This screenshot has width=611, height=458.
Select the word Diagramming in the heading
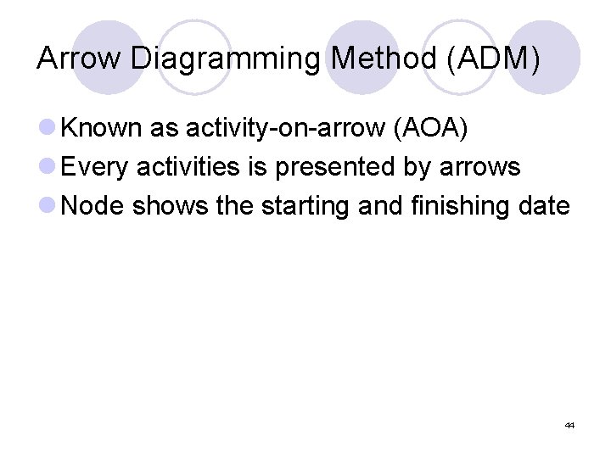[x=225, y=59]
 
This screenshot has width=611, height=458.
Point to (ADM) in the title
[x=496, y=59]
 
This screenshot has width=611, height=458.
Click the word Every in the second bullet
[x=96, y=167]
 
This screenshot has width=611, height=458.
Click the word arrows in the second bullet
[x=479, y=167]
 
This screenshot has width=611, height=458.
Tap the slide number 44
[x=569, y=425]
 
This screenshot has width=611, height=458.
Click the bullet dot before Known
[x=48, y=129]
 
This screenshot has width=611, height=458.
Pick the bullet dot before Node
[x=48, y=206]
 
